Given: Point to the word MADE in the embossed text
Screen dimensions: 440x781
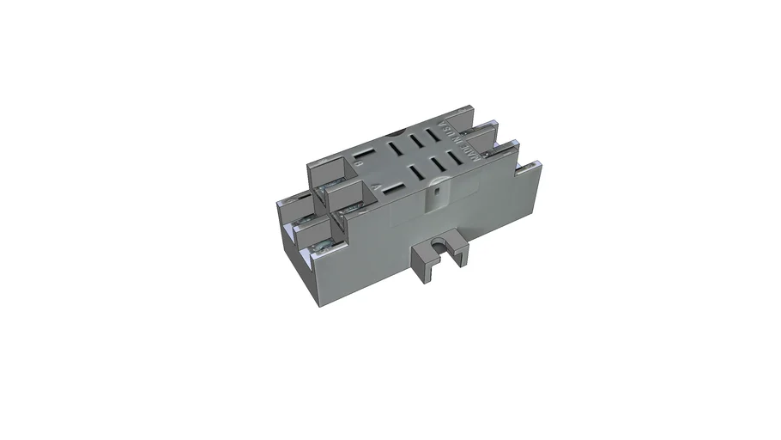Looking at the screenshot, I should click(x=472, y=155).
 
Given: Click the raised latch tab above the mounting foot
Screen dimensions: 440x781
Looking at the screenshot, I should click(x=436, y=199).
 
